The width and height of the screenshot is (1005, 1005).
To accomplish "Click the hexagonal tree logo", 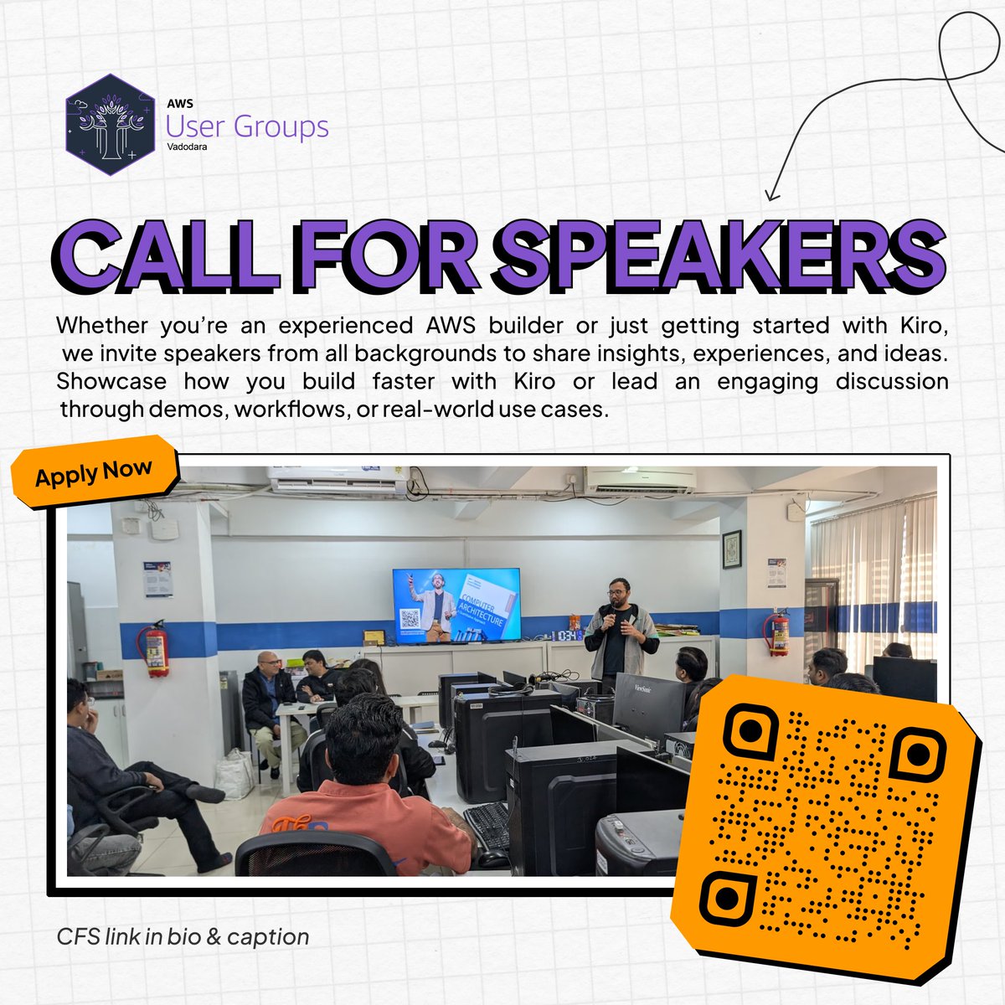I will click(x=110, y=126).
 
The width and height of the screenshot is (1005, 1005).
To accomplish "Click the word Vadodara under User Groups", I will click(x=187, y=147).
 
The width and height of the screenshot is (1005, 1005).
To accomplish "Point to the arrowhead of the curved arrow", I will click(x=770, y=196).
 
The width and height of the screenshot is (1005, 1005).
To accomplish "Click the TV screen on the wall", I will click(x=456, y=603).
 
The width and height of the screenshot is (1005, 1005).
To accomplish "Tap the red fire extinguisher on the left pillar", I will click(x=157, y=648).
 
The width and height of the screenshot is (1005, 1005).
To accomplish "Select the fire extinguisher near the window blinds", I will click(x=779, y=633).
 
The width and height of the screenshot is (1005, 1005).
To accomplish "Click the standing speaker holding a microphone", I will click(x=620, y=636).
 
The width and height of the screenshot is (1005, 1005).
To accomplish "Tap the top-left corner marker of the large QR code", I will click(x=750, y=730).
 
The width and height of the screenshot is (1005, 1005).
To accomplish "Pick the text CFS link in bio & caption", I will click(x=183, y=936).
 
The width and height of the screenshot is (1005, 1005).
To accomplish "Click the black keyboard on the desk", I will click(x=487, y=825).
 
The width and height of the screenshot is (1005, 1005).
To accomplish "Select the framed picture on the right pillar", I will click(x=732, y=549).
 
